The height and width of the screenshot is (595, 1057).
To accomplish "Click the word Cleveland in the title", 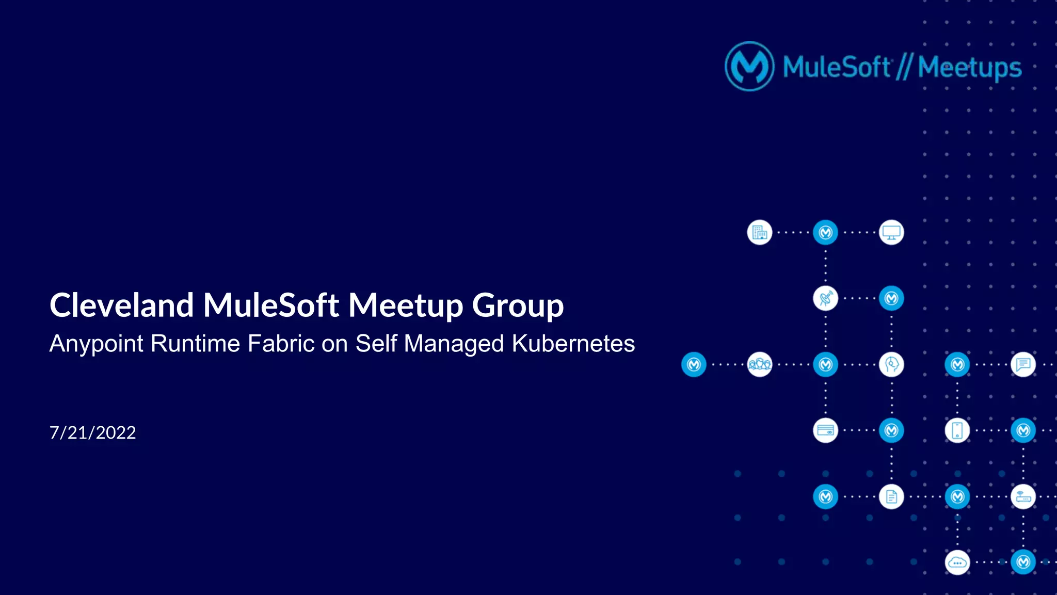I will tap(122, 305).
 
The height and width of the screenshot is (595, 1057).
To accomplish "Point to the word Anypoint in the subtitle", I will tap(96, 344).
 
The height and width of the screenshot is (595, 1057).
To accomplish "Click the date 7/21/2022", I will tap(93, 432).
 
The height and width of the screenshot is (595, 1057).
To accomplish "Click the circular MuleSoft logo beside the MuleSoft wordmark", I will tap(749, 67).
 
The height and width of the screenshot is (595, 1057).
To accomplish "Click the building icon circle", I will tap(760, 233).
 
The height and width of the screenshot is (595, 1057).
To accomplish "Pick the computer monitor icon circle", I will tap(891, 233).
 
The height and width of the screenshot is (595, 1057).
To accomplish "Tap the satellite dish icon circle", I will tap(825, 298).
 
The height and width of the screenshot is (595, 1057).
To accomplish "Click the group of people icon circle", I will tap(760, 364).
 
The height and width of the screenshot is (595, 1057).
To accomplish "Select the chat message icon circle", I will tap(1023, 364).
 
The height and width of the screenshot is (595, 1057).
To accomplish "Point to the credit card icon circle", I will tap(825, 430).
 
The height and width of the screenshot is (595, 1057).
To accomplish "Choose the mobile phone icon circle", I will tap(957, 430).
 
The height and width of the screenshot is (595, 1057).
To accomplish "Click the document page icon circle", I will tap(891, 496).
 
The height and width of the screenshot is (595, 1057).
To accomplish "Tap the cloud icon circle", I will tap(957, 562).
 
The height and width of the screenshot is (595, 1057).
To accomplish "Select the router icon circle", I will tap(1023, 496).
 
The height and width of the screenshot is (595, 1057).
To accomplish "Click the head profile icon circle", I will tap(891, 364).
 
